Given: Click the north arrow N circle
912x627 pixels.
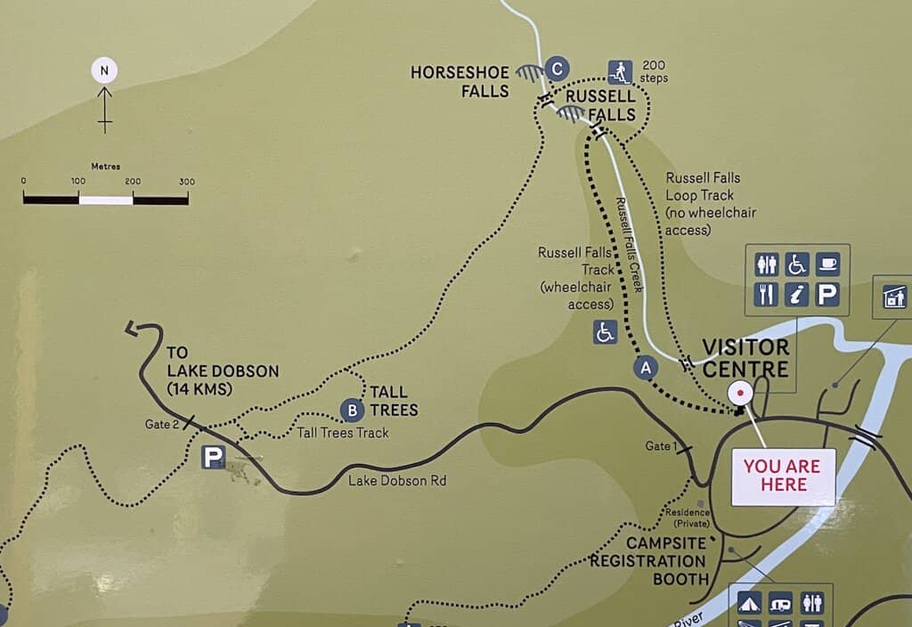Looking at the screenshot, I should pos(104,70).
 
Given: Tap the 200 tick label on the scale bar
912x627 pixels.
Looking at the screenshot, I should pos(133,182).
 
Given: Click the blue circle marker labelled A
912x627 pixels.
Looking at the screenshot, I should pos(646,366).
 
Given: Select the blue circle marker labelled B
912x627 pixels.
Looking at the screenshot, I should pos(353,410).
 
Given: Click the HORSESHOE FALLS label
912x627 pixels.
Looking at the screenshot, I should pos(460,81).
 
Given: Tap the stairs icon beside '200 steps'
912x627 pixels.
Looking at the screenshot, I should pos(620,71).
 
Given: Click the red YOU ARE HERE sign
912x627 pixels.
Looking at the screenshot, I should pos(783,476).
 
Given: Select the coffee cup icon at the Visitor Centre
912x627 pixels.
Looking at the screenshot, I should pos(827,264).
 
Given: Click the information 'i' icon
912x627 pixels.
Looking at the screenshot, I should pos(797,293).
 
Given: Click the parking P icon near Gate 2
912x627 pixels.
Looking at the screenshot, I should pos(212,457).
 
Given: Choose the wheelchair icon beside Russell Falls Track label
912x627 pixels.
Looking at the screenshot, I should pos(606,332).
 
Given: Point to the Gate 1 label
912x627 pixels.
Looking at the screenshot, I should pos(662,446).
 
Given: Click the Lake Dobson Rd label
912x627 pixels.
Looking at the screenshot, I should pos(396,481).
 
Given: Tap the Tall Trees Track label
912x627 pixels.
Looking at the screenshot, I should pos(343,433).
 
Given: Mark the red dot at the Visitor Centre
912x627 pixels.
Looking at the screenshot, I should pos(739,392).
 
